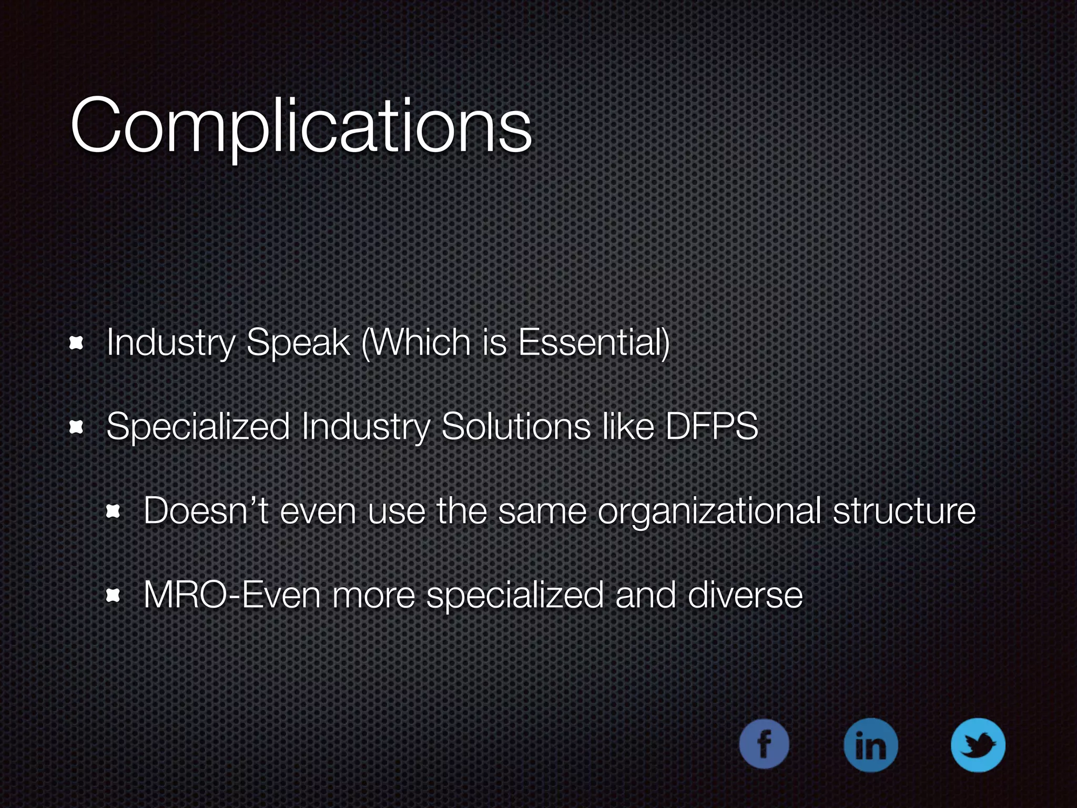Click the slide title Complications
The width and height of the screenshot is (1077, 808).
tap(301, 126)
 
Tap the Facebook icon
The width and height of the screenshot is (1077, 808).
tap(764, 744)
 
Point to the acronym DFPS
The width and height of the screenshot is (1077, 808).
tap(712, 426)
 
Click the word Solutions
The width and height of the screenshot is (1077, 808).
tap(516, 426)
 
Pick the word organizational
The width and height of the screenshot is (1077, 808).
tap(709, 511)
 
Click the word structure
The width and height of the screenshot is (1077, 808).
tap(904, 511)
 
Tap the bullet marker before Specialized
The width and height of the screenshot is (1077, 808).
tap(77, 428)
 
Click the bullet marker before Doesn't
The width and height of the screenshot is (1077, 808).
tap(114, 511)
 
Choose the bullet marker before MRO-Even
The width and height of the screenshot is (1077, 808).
tap(114, 596)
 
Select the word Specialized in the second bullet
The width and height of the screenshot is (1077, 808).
tap(198, 427)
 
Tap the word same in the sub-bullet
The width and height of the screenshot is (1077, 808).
tap(542, 511)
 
